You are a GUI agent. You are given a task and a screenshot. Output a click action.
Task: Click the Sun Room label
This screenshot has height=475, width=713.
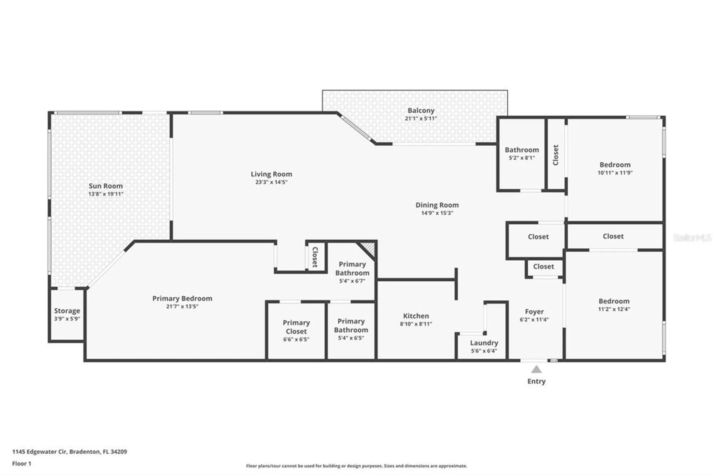[106, 186]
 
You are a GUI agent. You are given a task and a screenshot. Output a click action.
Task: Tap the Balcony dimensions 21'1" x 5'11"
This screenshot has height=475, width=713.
[421, 118]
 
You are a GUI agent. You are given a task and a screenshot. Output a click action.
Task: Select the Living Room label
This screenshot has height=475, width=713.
[271, 174]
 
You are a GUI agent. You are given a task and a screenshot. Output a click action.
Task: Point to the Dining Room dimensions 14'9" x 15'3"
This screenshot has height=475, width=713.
[437, 213]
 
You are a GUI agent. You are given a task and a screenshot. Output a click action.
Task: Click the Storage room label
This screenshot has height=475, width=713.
[67, 311]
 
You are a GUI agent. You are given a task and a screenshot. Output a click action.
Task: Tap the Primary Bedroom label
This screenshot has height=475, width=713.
[182, 298]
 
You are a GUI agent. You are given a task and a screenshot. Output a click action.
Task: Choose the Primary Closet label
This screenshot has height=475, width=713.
[296, 327]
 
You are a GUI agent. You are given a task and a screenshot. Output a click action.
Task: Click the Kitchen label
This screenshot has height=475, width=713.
[416, 316]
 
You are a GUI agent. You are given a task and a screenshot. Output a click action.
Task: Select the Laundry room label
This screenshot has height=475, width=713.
[484, 343]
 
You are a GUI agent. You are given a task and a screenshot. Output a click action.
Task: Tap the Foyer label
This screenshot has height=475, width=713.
[534, 312]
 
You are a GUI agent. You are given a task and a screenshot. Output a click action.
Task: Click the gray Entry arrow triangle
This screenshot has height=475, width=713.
[536, 370]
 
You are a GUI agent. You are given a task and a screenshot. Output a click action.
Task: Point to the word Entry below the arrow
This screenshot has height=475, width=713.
[536, 381]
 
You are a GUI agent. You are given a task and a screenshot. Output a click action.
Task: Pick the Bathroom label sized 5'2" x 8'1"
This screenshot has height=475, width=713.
[522, 150]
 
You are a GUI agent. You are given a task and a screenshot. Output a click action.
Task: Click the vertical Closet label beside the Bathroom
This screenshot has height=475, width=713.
[555, 155]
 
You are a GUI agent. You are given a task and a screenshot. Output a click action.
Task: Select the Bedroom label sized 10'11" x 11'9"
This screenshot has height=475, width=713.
[615, 165]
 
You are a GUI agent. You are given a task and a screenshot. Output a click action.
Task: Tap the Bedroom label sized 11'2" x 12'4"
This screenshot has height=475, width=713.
[614, 301]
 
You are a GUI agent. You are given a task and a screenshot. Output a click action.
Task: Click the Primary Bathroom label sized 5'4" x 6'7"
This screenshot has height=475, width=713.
[352, 269]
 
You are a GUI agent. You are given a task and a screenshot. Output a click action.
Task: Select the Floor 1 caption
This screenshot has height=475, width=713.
[22, 464]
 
